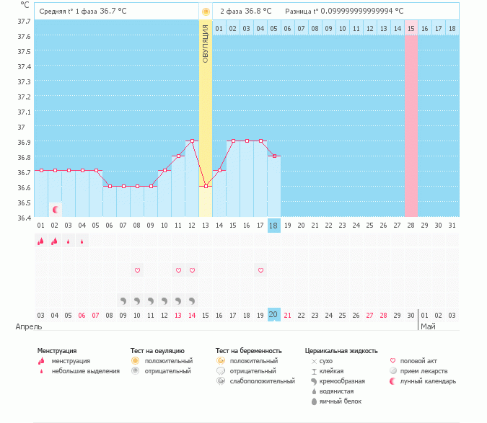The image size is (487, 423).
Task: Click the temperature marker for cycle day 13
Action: pyautogui.click(x=206, y=186)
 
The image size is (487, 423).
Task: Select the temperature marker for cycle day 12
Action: pyautogui.click(x=192, y=141)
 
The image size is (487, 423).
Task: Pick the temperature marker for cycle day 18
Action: pyautogui.click(x=274, y=156)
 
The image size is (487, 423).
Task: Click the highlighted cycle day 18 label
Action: pyautogui.click(x=274, y=226)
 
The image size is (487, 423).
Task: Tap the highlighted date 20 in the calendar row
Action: pyautogui.click(x=274, y=314)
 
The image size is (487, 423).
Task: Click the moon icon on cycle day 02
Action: pyautogui.click(x=56, y=209)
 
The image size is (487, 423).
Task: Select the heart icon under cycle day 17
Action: pyautogui.click(x=260, y=270)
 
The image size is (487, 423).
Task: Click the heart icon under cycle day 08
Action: pyautogui.click(x=137, y=270)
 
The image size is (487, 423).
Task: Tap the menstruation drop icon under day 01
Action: pyautogui.click(x=41, y=241)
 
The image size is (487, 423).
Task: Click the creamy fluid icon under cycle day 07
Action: pyautogui.click(x=123, y=300)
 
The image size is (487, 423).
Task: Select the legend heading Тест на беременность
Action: pyautogui.click(x=248, y=351)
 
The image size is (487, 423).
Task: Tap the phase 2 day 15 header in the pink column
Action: pyautogui.click(x=411, y=28)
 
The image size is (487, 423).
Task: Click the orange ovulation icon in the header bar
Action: pyautogui.click(x=206, y=12)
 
